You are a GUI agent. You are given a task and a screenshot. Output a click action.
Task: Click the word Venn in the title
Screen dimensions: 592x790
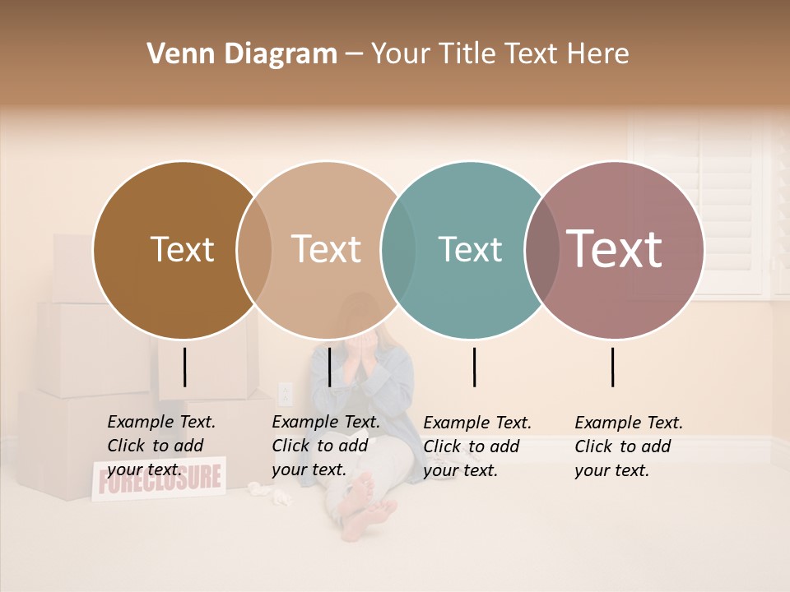171,54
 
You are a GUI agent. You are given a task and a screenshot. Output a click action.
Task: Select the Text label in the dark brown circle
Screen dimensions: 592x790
182,250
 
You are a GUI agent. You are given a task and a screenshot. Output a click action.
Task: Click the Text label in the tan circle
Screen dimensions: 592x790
327,249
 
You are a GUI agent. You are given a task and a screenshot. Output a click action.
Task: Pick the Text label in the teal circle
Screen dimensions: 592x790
470,250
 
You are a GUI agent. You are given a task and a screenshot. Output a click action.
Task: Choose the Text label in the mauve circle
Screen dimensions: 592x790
615,248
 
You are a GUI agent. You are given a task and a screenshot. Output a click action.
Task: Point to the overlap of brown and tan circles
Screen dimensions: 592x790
254,250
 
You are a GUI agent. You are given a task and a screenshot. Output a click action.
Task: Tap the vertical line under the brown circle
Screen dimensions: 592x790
185,367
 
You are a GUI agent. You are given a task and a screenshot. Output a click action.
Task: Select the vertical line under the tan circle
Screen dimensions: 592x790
329,367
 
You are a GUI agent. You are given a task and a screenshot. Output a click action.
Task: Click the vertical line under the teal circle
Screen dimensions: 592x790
474,367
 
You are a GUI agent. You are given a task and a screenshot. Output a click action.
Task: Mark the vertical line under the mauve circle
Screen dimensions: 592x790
613,367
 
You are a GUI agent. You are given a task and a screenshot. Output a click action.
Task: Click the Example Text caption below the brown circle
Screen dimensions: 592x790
161,446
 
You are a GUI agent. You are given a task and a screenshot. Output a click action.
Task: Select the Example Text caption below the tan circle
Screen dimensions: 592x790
326,446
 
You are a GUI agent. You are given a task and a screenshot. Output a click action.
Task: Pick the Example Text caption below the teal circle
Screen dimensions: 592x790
477,446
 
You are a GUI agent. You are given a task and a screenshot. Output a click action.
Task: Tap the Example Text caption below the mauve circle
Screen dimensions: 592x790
629,446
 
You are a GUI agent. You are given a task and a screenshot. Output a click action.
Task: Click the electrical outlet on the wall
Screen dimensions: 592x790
285,394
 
